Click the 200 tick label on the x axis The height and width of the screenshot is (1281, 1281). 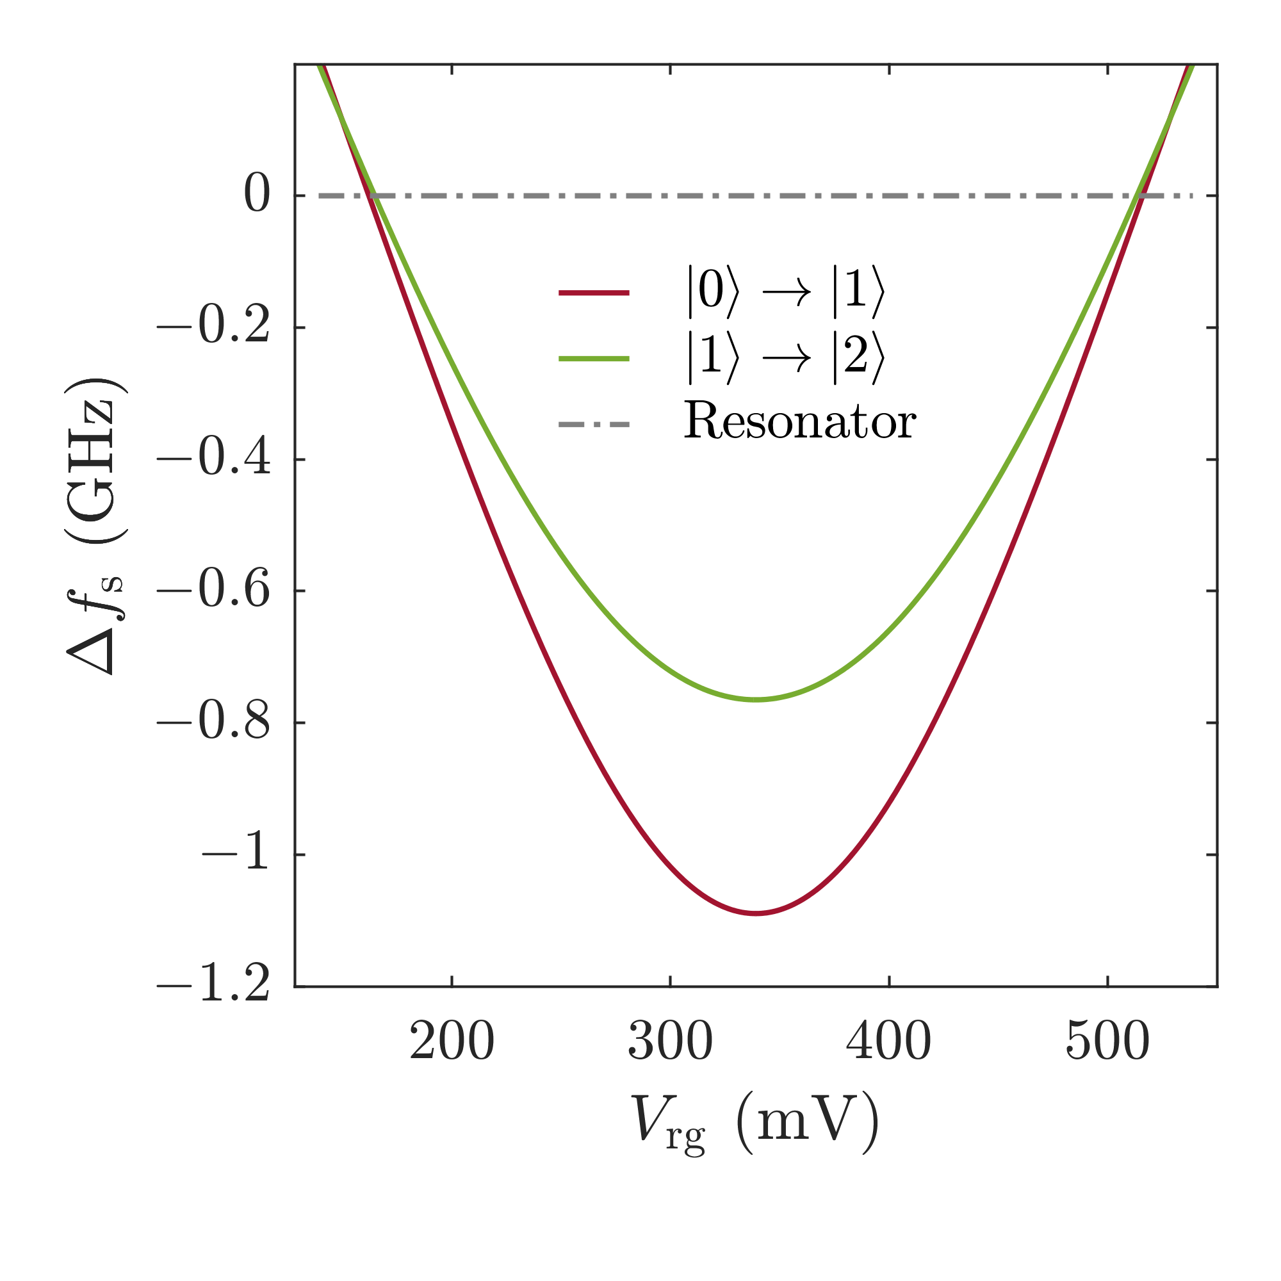pos(452,1041)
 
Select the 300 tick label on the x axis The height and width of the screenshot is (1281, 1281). pos(671,1041)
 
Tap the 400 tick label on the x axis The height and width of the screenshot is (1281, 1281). pos(888,1041)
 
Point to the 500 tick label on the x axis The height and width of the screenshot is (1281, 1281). pos(1107,1041)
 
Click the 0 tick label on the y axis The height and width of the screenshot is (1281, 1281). pos(257,195)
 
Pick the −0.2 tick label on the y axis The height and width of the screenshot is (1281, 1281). pos(213,327)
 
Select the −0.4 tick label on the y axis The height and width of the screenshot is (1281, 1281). pos(213,459)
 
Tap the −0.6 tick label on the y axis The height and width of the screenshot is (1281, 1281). pos(213,591)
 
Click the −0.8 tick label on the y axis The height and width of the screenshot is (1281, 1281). pos(213,722)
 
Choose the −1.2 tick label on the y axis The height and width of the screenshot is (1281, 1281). pos(213,986)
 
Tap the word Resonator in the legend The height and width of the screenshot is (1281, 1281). pos(799,421)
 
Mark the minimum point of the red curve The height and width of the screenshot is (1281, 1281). pos(756,914)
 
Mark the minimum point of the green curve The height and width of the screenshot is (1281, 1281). pos(756,699)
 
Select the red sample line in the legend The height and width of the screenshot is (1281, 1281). pos(594,293)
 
